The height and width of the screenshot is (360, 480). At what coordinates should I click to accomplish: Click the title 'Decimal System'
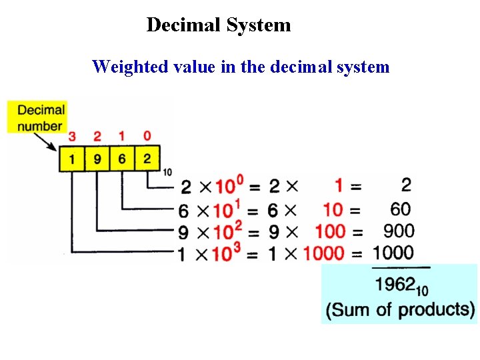point(219,25)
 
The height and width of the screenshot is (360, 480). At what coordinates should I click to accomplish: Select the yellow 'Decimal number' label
point(40,117)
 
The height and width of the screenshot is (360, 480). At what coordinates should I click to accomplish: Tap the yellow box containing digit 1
point(72,159)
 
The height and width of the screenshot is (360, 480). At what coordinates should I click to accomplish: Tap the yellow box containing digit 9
point(97,159)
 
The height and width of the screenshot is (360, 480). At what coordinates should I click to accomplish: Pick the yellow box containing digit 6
point(122,159)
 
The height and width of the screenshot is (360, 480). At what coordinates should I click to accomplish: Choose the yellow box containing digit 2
point(147,159)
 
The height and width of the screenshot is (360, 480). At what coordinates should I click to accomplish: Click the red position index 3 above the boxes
point(72,137)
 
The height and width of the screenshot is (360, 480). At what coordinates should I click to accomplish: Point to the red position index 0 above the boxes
point(147,137)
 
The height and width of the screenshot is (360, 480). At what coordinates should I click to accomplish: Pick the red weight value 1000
point(324,254)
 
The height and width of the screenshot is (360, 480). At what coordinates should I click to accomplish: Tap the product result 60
point(401,210)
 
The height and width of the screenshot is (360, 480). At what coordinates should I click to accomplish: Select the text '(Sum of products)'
point(400,310)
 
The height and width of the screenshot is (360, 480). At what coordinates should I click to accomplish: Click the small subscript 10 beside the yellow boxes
point(167,173)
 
